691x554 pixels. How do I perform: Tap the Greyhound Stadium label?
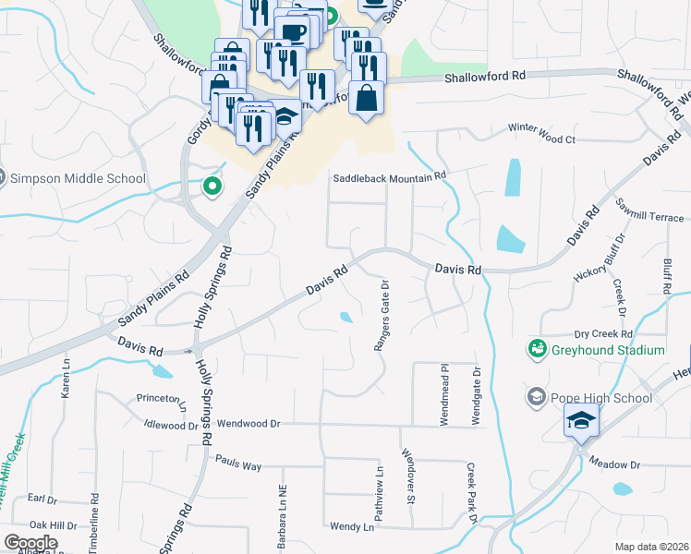608,350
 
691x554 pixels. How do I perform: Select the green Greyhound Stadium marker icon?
537,349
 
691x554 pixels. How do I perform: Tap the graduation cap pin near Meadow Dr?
581,422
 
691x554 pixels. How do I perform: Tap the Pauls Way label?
237,465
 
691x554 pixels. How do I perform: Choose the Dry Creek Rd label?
602,333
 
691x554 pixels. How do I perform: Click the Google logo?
30,543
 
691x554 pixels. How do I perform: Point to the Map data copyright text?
652,547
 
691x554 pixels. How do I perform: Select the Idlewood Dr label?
172,426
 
